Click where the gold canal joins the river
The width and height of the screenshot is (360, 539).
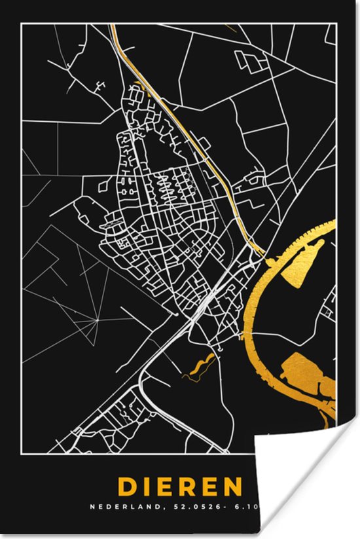(263, 255)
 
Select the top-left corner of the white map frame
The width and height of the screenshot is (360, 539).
(22, 24)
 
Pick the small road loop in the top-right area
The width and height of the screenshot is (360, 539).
(252, 60)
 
